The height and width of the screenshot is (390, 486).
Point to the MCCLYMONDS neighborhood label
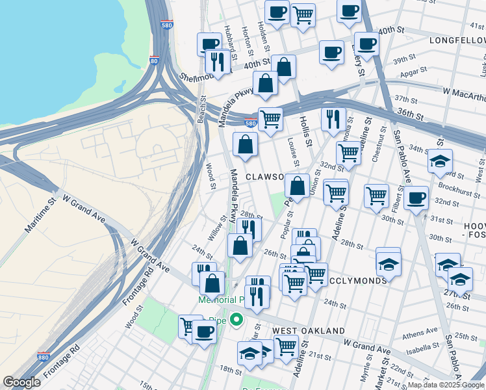(x=357, y=281)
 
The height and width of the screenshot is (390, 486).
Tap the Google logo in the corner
(x=21, y=382)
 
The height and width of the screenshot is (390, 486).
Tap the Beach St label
(x=201, y=110)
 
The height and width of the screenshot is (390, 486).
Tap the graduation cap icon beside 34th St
(x=440, y=161)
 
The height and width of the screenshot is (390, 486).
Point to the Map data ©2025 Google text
(x=446, y=384)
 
